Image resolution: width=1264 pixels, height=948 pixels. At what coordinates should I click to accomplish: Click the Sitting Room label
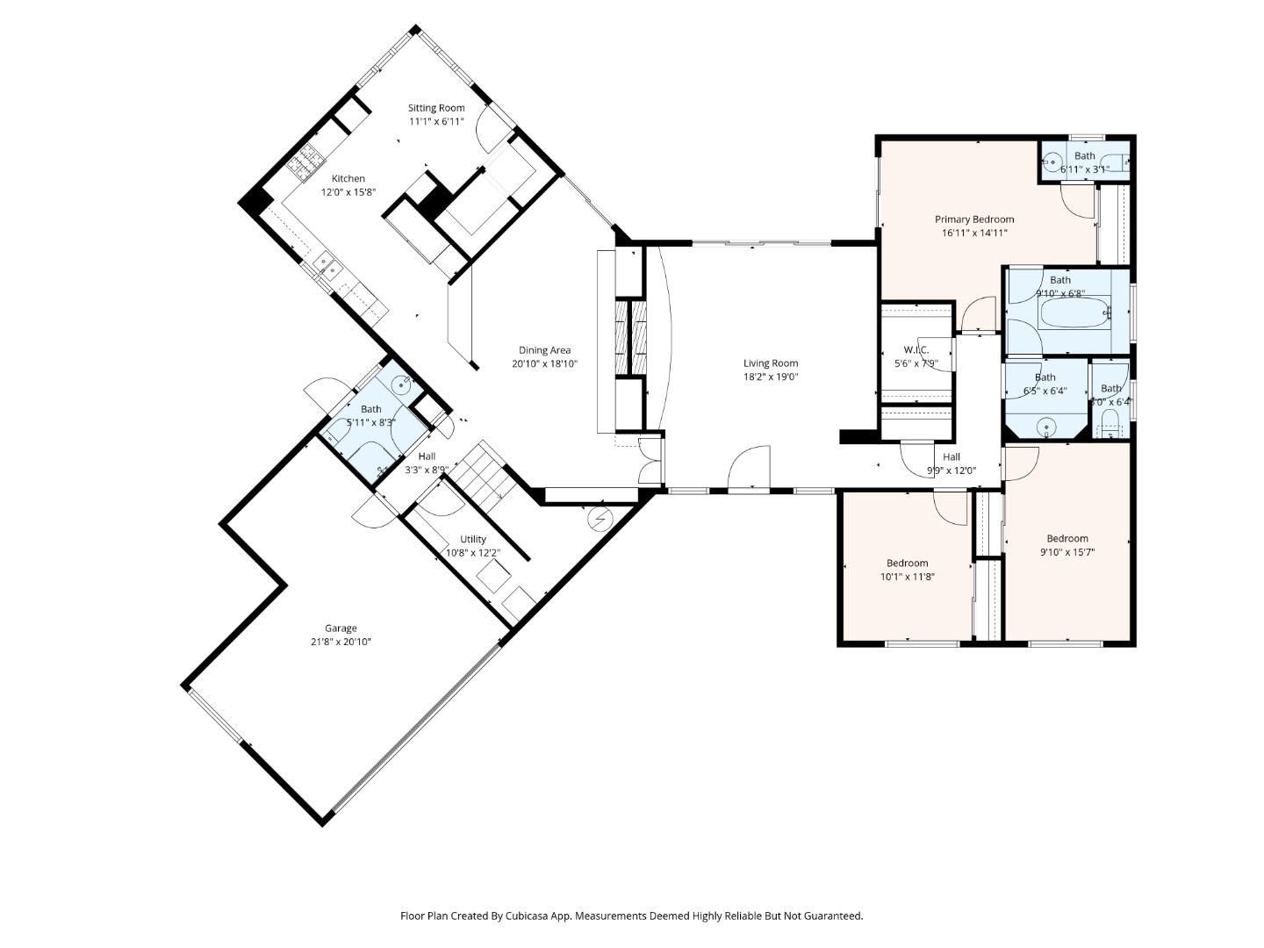click(x=436, y=108)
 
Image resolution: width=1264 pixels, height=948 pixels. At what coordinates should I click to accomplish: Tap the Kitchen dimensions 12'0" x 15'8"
click(x=348, y=192)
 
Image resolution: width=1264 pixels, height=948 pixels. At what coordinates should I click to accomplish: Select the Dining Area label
click(x=544, y=350)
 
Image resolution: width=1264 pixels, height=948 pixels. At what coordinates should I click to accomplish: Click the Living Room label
click(x=771, y=363)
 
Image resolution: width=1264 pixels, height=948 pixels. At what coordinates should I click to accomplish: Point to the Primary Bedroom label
click(x=974, y=219)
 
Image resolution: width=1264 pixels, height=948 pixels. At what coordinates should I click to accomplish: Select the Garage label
click(x=341, y=628)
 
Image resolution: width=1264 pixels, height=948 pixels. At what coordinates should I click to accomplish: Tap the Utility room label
click(x=473, y=539)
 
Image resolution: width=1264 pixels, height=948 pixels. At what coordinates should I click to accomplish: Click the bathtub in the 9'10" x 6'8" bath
click(x=1074, y=313)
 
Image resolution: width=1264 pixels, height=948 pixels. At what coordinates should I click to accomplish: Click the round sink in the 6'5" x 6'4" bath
click(x=1045, y=427)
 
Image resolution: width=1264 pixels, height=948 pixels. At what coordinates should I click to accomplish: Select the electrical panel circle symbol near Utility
click(x=601, y=519)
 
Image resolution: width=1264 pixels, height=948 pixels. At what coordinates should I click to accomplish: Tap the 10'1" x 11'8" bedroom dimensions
click(x=908, y=577)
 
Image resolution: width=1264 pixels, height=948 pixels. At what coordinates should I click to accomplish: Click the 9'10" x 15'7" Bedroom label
click(x=1067, y=538)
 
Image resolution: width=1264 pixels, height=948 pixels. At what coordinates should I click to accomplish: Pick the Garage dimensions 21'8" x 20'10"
click(x=341, y=642)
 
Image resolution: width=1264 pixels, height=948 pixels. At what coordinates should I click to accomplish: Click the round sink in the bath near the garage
click(x=402, y=383)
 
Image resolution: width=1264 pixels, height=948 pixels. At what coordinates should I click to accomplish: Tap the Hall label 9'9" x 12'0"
click(x=952, y=456)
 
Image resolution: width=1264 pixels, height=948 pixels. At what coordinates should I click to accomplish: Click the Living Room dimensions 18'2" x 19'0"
click(x=771, y=377)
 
